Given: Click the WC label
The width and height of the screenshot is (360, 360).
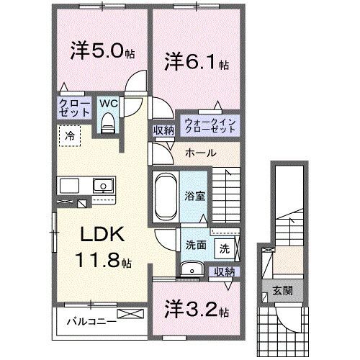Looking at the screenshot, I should [x=109, y=102].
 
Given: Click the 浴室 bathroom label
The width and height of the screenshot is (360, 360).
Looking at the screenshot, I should [x=194, y=194].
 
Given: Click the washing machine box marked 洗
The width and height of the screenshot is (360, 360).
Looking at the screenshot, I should [x=224, y=249].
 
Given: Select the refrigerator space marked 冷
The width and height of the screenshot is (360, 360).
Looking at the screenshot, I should [x=71, y=135].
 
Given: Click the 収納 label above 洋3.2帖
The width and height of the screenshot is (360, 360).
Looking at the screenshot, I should [x=223, y=271].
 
